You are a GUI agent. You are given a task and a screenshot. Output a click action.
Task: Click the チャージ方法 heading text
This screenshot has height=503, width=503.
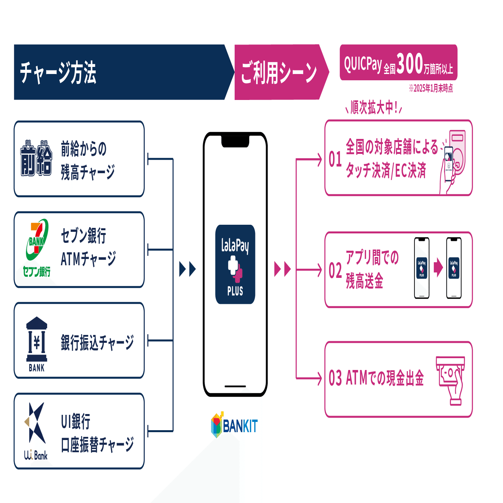(x=58, y=72)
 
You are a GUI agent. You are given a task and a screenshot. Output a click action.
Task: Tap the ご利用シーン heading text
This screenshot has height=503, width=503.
(x=279, y=72)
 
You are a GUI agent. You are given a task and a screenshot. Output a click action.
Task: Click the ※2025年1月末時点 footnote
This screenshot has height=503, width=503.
(x=431, y=88)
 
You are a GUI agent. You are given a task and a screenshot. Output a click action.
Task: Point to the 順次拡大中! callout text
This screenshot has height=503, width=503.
(x=374, y=107)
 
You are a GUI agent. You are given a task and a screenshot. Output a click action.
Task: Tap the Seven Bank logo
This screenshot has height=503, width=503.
(x=37, y=248)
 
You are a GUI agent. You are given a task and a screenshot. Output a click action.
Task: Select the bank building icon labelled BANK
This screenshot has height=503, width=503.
(x=37, y=344)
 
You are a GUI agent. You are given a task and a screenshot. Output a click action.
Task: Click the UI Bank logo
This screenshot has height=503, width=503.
(x=35, y=431)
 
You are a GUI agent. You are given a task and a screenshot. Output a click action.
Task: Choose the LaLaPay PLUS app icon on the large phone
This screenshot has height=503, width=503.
(x=235, y=264)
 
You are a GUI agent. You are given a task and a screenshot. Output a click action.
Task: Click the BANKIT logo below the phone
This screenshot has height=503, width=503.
(x=235, y=425)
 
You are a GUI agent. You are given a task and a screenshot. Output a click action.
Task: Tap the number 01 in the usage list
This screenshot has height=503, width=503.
(x=335, y=159)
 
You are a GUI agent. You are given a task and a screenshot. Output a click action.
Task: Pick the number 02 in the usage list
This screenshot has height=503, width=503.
(x=335, y=271)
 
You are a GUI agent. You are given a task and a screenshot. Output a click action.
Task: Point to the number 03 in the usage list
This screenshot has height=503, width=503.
(x=335, y=378)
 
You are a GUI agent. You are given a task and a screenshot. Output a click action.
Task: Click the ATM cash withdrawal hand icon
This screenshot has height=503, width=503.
(x=451, y=379)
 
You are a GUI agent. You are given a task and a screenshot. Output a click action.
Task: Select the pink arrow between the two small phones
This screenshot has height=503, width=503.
(x=438, y=268)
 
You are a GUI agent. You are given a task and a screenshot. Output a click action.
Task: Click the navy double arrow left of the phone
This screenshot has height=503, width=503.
(x=187, y=269)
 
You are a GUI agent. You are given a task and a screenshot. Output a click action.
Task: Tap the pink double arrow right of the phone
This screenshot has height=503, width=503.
(x=282, y=269)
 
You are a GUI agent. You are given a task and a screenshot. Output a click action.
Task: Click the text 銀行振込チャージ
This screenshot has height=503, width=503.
(x=97, y=342)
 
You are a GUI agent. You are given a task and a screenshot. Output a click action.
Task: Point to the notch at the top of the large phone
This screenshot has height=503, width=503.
(x=235, y=141)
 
